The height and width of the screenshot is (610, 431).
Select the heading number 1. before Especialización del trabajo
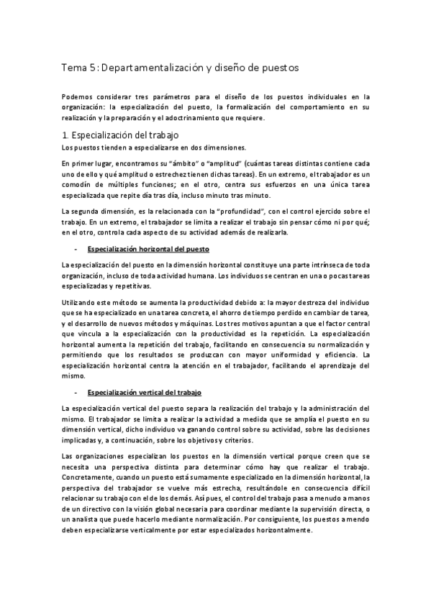(65, 135)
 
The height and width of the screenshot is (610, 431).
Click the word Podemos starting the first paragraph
(78, 95)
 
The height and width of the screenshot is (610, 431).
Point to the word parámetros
(169, 95)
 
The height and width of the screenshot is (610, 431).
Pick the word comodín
(78, 186)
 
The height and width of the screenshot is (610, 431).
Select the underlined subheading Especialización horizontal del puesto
(148, 249)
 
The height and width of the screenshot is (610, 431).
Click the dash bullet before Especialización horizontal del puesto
(76, 249)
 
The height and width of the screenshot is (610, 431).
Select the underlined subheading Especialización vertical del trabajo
(143, 393)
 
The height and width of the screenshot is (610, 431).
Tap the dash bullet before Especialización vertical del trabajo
(76, 393)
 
